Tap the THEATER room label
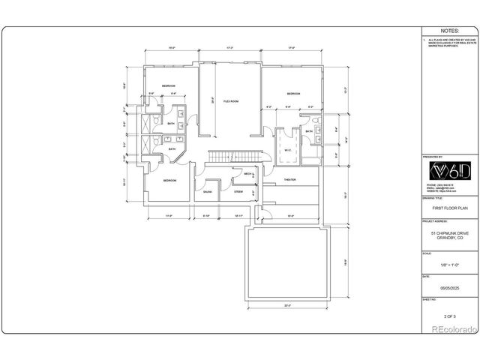289,181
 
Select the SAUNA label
207,192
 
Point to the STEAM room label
238,192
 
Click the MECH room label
248,174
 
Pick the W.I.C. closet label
287,148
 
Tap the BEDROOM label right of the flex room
292,94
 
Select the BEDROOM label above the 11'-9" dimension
169,180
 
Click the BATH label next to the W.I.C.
309,132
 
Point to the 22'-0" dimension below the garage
288,305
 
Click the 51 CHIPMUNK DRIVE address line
448,233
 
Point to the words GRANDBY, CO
448,238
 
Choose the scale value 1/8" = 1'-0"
448,263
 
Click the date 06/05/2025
448,287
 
